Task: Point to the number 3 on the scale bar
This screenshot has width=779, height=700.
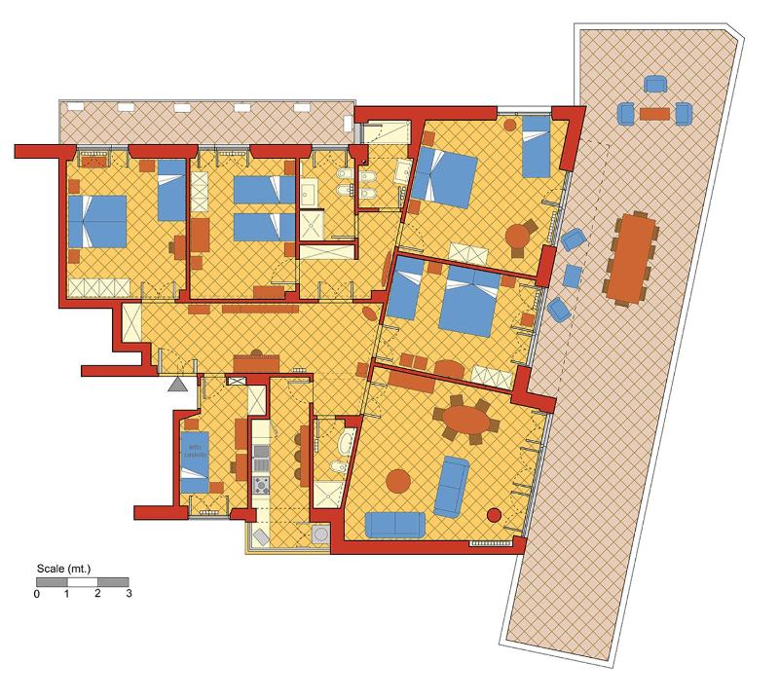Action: [129, 594]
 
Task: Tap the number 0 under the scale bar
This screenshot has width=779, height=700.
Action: [37, 594]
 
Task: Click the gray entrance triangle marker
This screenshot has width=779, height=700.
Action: [177, 385]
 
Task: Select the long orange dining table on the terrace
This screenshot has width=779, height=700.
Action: [635, 256]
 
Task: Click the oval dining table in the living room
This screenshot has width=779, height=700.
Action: [467, 420]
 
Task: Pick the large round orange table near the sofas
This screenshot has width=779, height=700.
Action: [399, 480]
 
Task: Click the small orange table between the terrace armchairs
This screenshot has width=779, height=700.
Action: [655, 114]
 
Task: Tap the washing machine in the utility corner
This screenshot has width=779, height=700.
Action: [319, 534]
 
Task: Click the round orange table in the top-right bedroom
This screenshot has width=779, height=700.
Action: [519, 236]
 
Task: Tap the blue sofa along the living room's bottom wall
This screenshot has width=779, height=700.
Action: [394, 526]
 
